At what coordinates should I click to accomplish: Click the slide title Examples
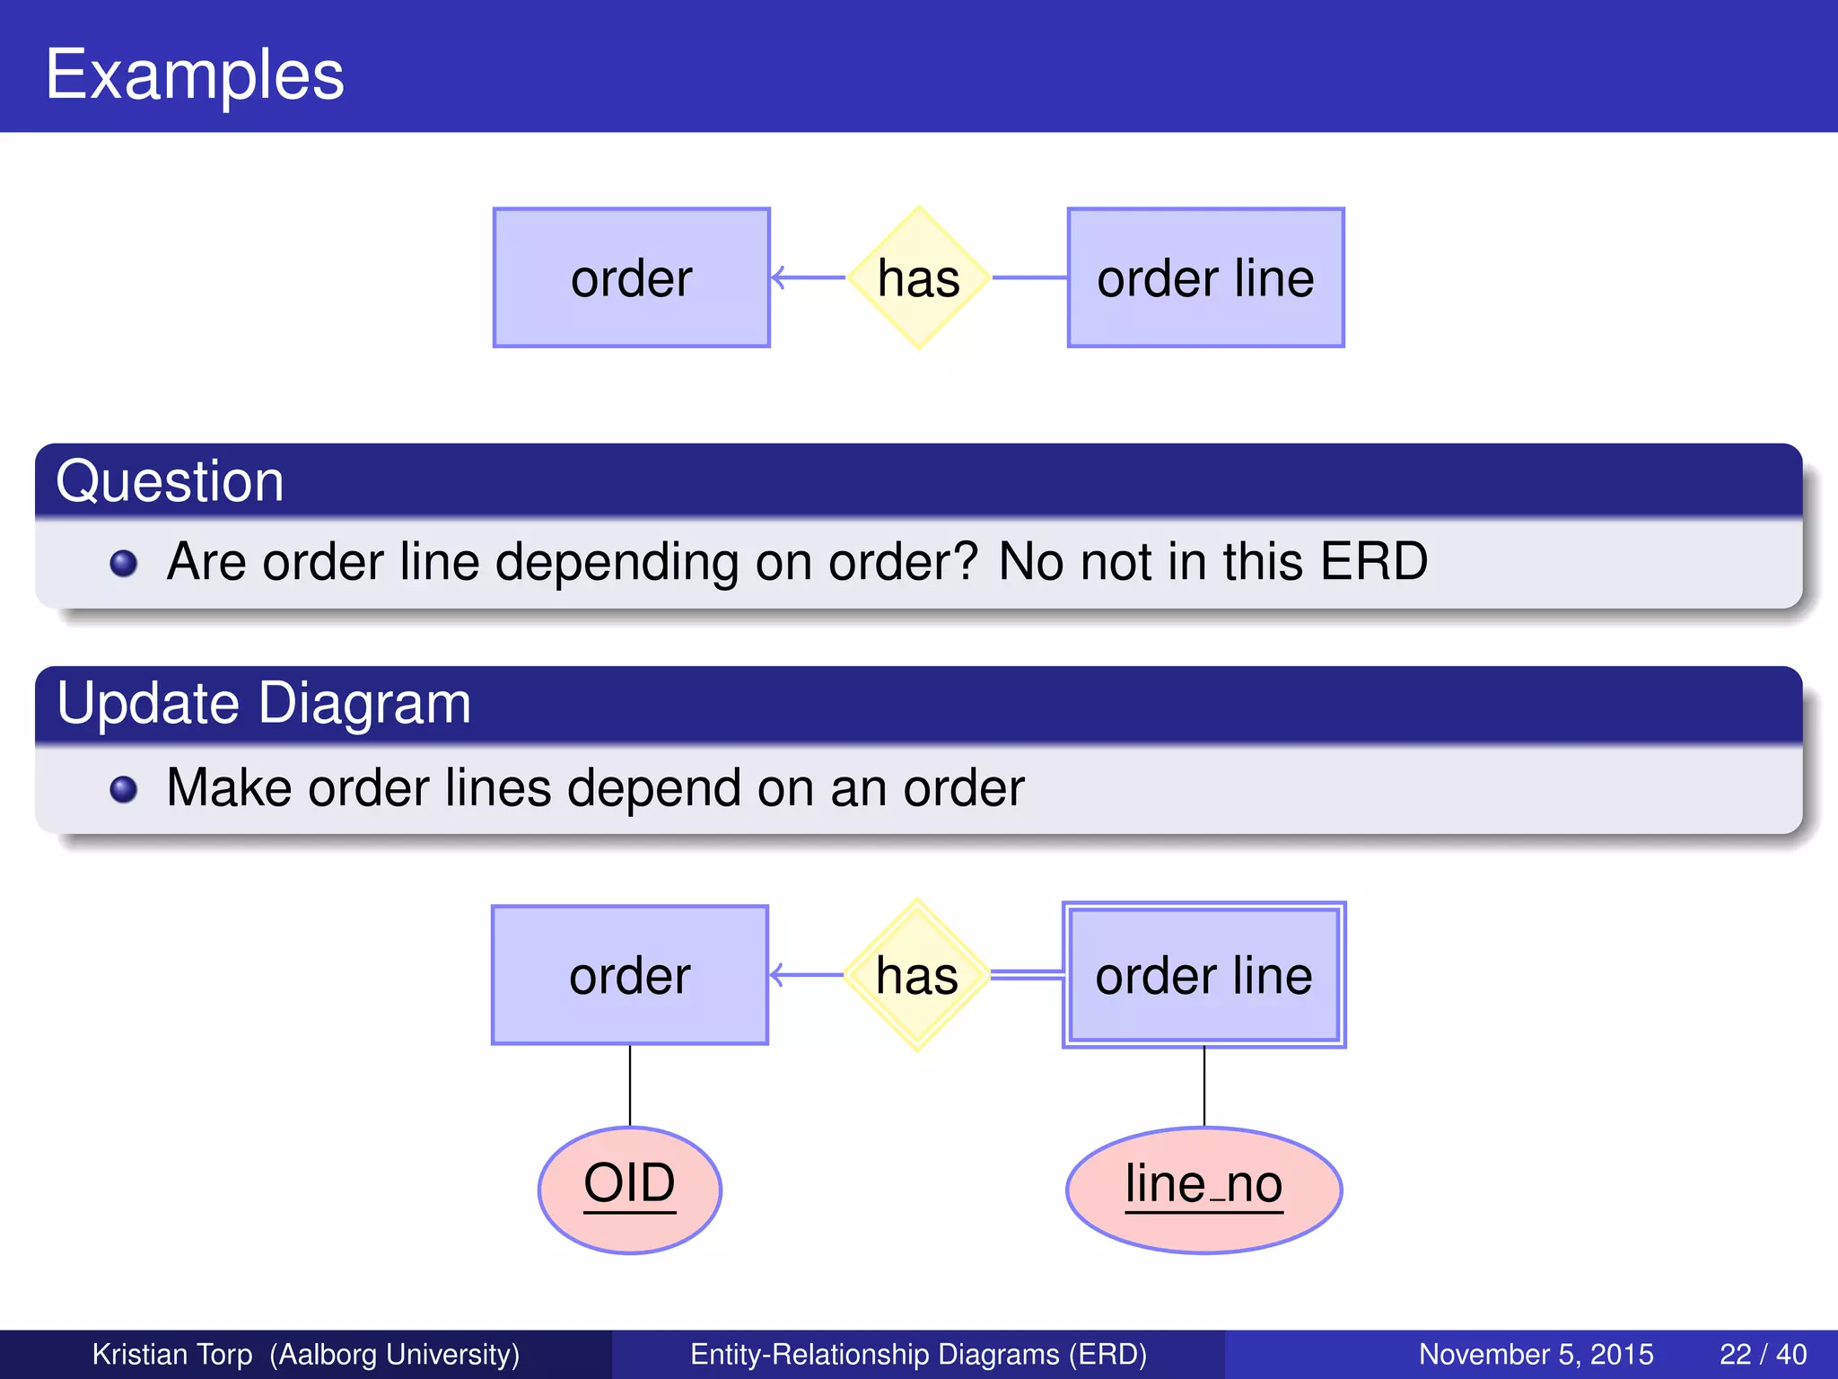[x=195, y=75]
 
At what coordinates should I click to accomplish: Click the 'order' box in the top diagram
[x=631, y=277]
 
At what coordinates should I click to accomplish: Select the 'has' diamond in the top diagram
[x=918, y=277]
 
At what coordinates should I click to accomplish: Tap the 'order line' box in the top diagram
[x=1205, y=277]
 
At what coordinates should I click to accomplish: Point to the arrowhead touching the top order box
[x=778, y=277]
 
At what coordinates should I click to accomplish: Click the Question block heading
[x=170, y=481]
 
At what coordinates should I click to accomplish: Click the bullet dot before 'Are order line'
[x=123, y=564]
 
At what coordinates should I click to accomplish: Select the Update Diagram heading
[x=263, y=703]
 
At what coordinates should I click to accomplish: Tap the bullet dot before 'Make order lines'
[x=123, y=789]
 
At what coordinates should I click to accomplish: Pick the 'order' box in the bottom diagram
[x=629, y=975]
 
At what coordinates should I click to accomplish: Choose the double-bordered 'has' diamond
[x=916, y=975]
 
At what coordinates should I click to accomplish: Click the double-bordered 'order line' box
[x=1203, y=975]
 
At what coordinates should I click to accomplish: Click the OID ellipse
[x=629, y=1189]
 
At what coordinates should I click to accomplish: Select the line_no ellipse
[x=1203, y=1189]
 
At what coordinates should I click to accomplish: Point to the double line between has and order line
[x=1027, y=975]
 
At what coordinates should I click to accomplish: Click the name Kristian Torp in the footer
[x=172, y=1354]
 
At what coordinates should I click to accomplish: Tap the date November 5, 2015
[x=1536, y=1354]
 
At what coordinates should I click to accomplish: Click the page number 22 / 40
[x=1763, y=1354]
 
